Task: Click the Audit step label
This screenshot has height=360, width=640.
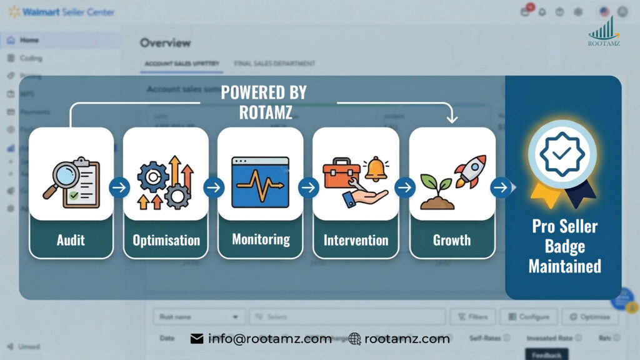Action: coord(71,240)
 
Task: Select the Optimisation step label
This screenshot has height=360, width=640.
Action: coord(166,240)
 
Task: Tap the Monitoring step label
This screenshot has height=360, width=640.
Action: coord(261,239)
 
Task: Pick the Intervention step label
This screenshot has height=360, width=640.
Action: coord(356,240)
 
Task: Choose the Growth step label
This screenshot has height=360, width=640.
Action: coord(452,240)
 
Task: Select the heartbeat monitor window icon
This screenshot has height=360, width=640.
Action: coord(260,182)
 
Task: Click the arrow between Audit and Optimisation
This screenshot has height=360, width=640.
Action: coord(119,187)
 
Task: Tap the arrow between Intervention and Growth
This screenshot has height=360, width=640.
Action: coord(404,187)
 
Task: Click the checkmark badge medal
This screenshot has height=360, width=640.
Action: coord(562,155)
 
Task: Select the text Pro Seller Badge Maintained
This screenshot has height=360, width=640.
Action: coord(564,246)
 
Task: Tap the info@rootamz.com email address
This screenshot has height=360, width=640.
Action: coord(269,339)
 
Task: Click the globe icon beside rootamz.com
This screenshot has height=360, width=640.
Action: coord(355,339)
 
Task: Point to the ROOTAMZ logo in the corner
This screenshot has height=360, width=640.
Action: coord(604,31)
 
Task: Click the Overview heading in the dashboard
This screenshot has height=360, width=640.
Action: coord(165,42)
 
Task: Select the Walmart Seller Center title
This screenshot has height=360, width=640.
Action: coord(69,12)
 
